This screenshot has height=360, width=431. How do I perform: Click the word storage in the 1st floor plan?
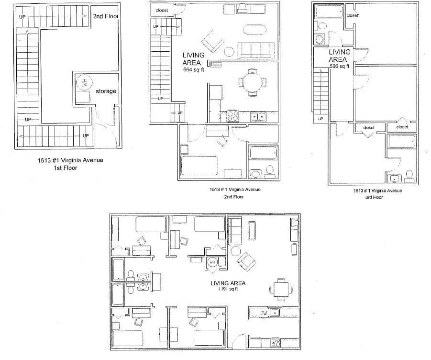(x=106, y=91)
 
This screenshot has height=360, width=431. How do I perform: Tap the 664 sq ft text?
(x=194, y=70)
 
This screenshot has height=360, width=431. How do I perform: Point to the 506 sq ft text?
(x=340, y=66)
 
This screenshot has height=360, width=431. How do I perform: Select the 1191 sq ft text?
(x=228, y=289)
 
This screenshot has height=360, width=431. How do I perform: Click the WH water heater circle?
(x=212, y=262)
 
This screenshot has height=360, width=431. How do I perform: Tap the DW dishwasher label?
(x=264, y=313)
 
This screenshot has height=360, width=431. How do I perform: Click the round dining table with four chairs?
(x=253, y=82)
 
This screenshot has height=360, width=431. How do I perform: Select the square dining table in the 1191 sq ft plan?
(x=281, y=289)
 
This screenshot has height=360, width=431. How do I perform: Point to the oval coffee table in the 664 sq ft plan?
(x=255, y=30)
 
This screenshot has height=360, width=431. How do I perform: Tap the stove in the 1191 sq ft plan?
(x=276, y=342)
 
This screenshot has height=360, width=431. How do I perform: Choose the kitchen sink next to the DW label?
(x=274, y=313)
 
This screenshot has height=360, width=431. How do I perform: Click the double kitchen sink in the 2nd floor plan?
(x=258, y=117)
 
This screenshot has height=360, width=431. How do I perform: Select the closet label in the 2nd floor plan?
(x=162, y=11)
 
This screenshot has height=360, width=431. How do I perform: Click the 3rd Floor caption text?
(x=374, y=197)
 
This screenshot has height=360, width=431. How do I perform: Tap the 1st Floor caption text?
(x=66, y=168)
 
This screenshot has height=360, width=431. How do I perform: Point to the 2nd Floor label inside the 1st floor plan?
(x=106, y=16)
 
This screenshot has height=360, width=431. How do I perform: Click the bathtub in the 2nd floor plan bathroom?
(x=263, y=153)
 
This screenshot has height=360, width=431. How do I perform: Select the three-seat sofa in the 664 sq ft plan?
(x=256, y=51)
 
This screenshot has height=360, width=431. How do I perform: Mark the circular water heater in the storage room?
(x=84, y=82)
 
